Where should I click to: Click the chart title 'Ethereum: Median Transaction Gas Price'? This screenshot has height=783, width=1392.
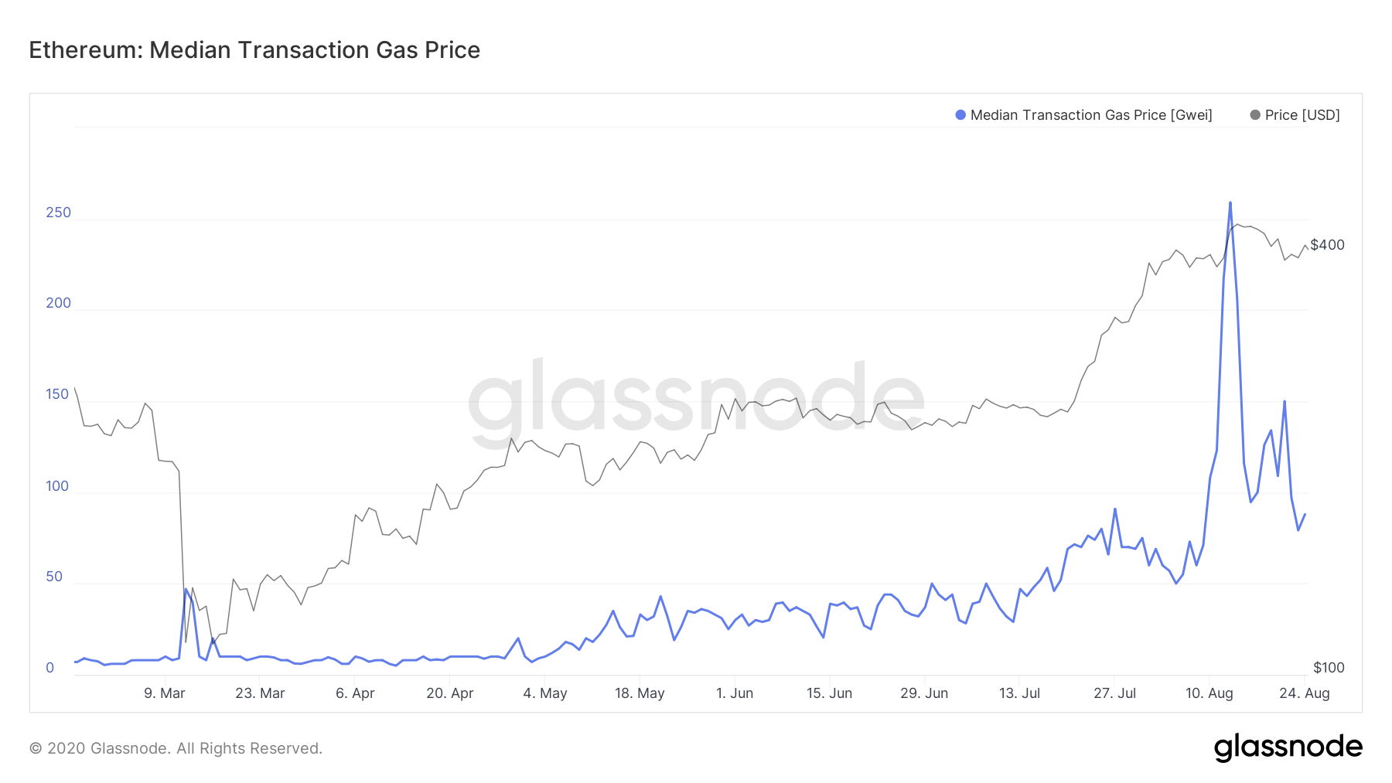click(254, 50)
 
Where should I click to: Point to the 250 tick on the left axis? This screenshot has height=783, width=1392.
click(58, 213)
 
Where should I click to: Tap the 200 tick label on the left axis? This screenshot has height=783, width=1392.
click(58, 303)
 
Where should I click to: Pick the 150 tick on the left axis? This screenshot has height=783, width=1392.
click(57, 394)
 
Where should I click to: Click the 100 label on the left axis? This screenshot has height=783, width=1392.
click(57, 486)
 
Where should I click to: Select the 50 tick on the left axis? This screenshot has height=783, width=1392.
click(54, 577)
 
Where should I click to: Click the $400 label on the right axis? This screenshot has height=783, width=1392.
click(1327, 245)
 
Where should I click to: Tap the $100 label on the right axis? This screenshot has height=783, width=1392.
click(1329, 668)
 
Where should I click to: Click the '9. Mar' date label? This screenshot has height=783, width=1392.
click(165, 693)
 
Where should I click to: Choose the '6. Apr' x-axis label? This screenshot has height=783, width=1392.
click(355, 693)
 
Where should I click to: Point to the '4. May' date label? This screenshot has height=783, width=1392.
click(545, 693)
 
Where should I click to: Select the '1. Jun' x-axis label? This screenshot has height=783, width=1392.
click(735, 693)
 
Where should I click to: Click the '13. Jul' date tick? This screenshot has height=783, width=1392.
click(1019, 693)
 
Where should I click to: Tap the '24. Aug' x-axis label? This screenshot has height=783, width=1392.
click(1305, 693)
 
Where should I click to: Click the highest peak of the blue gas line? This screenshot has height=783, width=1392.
click(1230, 203)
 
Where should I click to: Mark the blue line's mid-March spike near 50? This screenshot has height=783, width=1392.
click(186, 589)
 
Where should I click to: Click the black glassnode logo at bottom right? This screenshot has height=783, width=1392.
click(1288, 747)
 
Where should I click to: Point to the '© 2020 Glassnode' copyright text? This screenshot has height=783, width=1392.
click(176, 748)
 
